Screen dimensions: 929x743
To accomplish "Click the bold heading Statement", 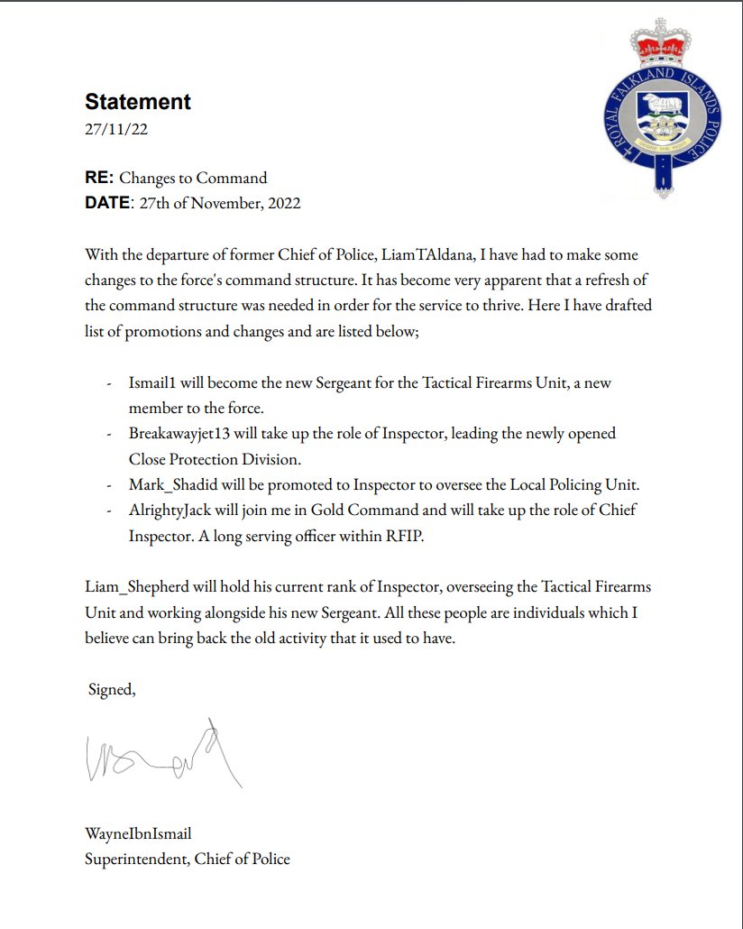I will coord(138,102).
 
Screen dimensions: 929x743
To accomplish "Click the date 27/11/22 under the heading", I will coord(116,129).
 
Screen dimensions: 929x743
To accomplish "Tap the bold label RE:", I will coord(99,178).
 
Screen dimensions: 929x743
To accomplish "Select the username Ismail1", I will coord(154,382).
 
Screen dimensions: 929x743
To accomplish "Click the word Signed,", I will coord(112,690).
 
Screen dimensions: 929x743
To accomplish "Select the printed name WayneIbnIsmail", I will coord(138,833).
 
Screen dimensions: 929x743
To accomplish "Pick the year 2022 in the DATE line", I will coord(281,203).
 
